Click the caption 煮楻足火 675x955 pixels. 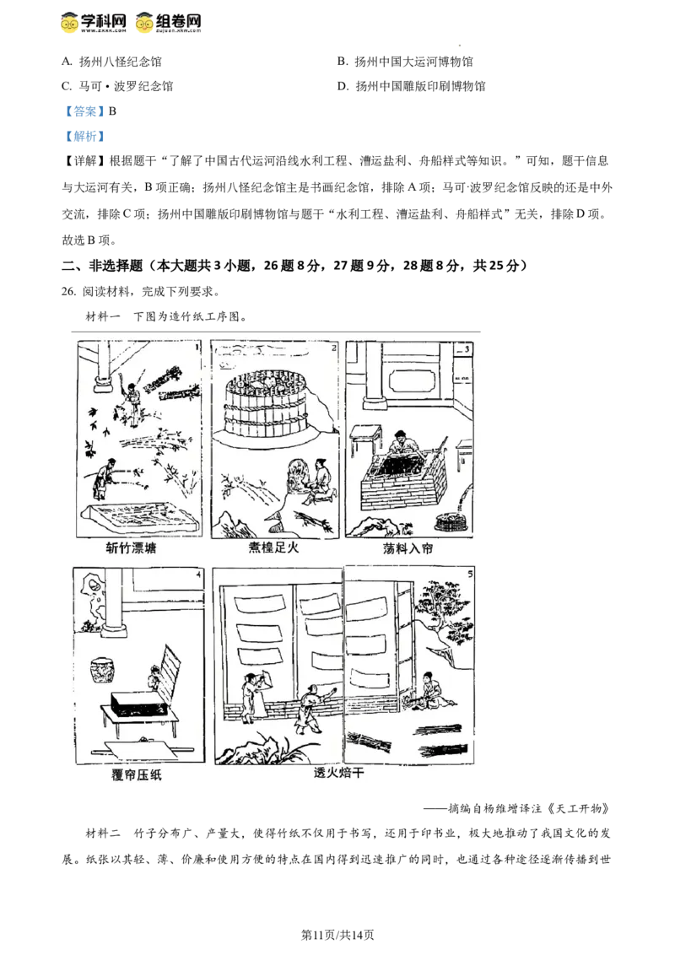click(x=274, y=548)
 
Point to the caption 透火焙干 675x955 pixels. click(x=338, y=773)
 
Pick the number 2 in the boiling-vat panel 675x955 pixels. click(x=334, y=347)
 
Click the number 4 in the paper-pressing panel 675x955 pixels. click(x=197, y=576)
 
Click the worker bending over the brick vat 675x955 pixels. click(x=403, y=444)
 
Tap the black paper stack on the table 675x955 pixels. click(x=140, y=705)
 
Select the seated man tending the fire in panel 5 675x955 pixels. click(x=432, y=688)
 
